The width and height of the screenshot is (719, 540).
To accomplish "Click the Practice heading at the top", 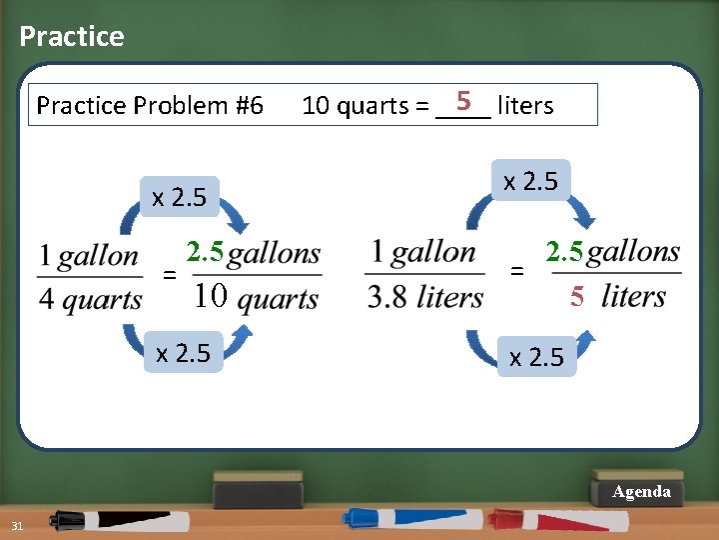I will click(x=72, y=37).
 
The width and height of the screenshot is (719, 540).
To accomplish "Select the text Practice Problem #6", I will click(x=150, y=105).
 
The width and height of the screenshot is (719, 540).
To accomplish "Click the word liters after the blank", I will click(x=525, y=105).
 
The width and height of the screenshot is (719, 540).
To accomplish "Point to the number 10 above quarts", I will click(x=211, y=296).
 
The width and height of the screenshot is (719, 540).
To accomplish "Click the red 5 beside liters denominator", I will click(x=577, y=296).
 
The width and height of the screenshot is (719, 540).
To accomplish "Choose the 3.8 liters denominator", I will click(x=425, y=297).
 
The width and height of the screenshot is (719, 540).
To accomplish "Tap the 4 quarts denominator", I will click(x=90, y=299).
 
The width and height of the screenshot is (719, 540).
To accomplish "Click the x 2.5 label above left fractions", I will click(x=179, y=197).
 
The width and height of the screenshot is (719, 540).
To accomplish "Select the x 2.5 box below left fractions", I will click(x=184, y=353).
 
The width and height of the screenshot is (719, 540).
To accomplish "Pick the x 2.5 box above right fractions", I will click(x=530, y=181).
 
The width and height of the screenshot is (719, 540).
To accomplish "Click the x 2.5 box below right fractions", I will click(x=536, y=357).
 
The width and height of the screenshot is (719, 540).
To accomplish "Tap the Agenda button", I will click(x=641, y=492).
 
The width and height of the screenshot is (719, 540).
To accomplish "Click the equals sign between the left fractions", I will click(x=171, y=274).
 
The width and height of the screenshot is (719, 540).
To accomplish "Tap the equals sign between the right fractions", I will click(x=516, y=270).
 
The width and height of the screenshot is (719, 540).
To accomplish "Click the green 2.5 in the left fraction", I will click(x=205, y=252).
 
